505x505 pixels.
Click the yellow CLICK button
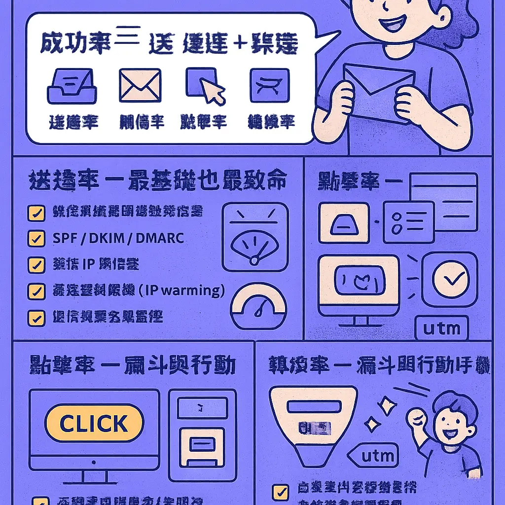[x=94, y=424]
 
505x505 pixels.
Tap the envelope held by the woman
[x=379, y=94]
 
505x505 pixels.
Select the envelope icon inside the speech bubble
[x=140, y=85]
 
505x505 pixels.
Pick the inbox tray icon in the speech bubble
[x=72, y=87]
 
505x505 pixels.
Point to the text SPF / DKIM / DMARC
[x=118, y=239]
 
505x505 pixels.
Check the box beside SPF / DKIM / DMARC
[x=35, y=239]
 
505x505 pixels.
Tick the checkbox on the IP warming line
[x=35, y=291]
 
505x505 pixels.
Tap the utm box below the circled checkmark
[x=442, y=328]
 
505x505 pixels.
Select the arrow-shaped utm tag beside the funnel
[x=373, y=456]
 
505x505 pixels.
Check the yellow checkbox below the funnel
[x=281, y=492]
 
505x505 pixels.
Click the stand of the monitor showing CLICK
[x=94, y=475]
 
